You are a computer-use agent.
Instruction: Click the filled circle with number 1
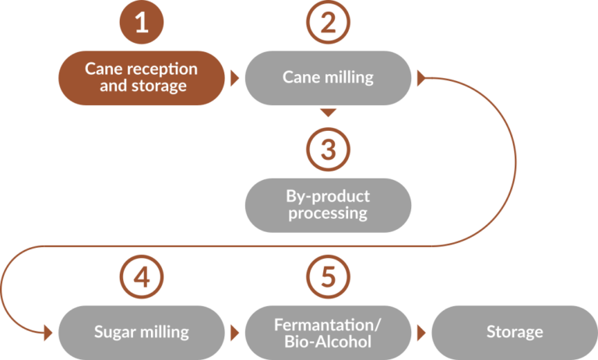coord(141,23)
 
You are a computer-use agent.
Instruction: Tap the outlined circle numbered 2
coord(328,23)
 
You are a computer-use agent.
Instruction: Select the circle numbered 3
coord(328,149)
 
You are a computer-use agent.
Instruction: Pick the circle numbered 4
coord(141,276)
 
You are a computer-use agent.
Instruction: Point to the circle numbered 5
coord(328,276)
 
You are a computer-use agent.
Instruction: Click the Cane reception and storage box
coord(141,78)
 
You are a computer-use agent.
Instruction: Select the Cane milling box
coord(328,78)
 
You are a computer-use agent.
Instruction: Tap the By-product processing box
coord(328,205)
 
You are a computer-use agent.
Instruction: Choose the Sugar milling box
coord(141,332)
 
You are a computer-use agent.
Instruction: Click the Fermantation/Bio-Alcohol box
coord(328,332)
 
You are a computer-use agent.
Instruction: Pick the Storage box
coord(514,332)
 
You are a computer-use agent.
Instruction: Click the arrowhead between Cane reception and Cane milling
coord(234,78)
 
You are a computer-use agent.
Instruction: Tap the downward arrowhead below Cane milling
coord(329,113)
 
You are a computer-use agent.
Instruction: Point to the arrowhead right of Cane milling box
coord(422,78)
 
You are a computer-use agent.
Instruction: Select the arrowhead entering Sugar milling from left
coord(48,332)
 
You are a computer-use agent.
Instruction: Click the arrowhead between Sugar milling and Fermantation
coord(234,332)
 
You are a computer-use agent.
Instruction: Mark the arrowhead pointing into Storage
coord(421,332)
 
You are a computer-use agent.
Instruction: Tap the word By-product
coord(329,196)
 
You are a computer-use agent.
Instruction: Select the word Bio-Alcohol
coord(329,341)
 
